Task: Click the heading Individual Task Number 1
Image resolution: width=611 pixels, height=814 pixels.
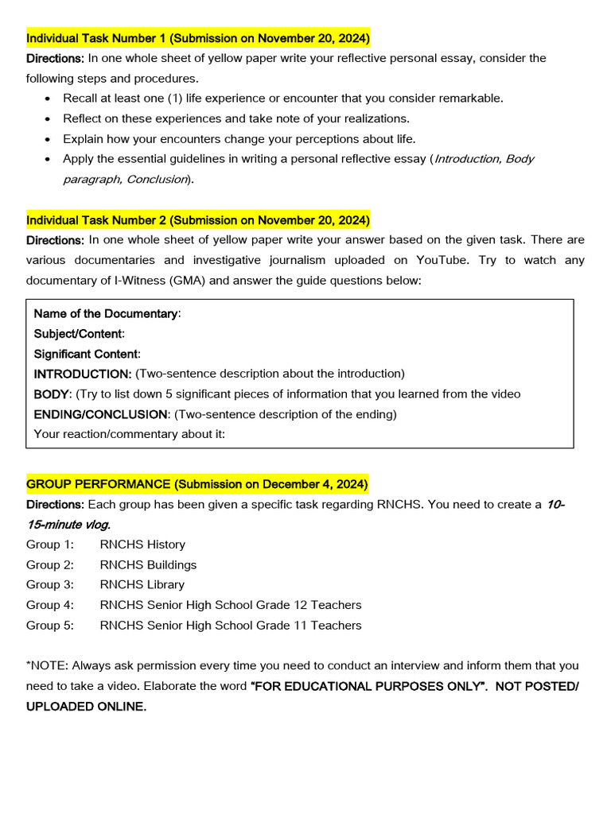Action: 198,37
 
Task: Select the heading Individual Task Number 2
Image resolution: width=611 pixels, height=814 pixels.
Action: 198,219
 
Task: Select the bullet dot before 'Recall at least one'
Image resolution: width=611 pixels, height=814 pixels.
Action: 49,99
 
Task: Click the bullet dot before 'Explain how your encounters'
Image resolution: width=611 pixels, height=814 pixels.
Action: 49,139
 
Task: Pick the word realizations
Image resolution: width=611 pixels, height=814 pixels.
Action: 375,118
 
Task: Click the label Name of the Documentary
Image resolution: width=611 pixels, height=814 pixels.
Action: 106,313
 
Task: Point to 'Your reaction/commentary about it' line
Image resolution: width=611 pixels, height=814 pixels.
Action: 130,434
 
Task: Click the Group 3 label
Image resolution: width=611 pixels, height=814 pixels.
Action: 50,584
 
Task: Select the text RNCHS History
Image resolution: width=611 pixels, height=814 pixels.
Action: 142,545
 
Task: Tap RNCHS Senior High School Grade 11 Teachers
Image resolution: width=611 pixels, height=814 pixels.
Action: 231,626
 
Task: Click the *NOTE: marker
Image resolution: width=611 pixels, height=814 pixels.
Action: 46,665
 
